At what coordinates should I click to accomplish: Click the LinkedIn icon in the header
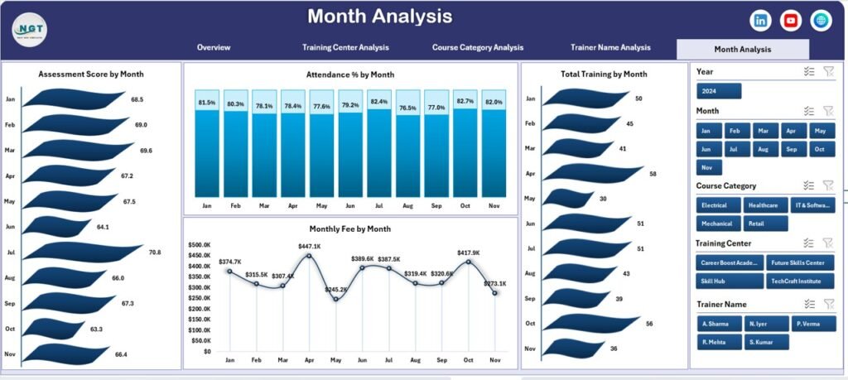pos(761,21)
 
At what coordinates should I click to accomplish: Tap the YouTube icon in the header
pos(791,21)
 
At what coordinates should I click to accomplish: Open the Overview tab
pos(214,48)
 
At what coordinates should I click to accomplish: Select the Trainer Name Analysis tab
pos(610,48)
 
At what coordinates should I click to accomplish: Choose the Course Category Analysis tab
pos(478,48)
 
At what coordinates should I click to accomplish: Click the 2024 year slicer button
pos(718,91)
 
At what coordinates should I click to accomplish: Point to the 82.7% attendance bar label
pos(465,102)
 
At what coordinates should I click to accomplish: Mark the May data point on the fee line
pos(335,299)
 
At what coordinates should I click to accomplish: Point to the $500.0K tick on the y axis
pos(200,245)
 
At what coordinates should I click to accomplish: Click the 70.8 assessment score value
pos(155,252)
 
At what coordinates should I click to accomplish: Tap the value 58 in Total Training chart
pos(653,174)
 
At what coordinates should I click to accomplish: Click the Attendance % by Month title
pos(349,75)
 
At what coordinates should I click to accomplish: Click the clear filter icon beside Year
pos(828,72)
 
